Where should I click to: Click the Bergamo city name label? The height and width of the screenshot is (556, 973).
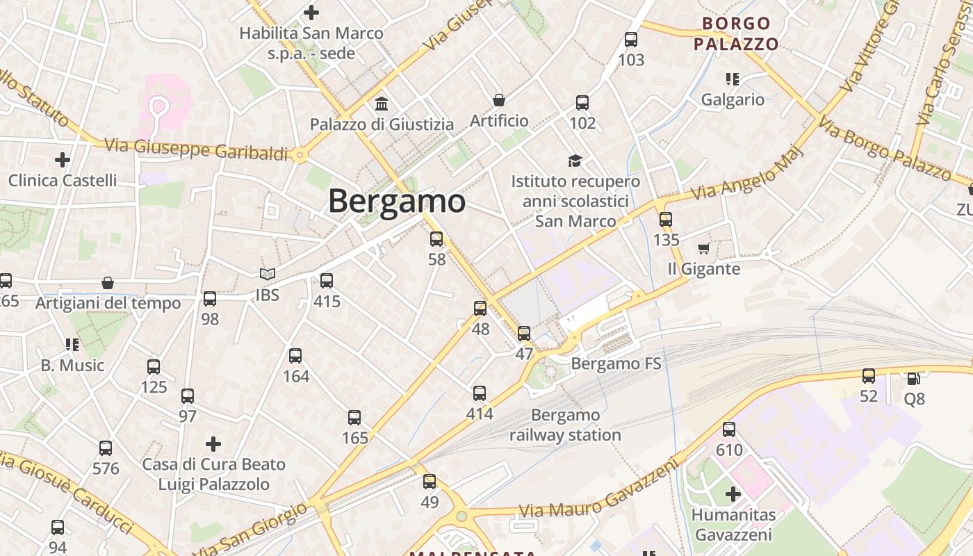pos(396,202)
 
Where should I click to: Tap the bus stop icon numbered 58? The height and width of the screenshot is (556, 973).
pos(436,239)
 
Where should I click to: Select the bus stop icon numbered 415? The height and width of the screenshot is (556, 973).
pos(327,281)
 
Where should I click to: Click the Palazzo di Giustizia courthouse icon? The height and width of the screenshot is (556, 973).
pos(382,104)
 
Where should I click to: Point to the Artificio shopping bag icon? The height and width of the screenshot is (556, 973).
pos(498,100)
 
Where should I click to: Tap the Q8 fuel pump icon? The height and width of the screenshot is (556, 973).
pos(914,378)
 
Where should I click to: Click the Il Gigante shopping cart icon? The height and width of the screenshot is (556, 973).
pos(703,248)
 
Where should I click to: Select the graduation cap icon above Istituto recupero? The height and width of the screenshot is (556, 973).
pos(575,161)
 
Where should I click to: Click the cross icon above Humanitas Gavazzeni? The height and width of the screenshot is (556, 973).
pos(733,494)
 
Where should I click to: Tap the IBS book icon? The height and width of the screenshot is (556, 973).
pos(268,275)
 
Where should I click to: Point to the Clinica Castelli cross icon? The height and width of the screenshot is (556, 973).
pos(63,160)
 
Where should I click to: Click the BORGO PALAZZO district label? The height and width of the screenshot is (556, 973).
pos(736,34)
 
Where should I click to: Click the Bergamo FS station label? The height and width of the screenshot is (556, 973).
pos(616,363)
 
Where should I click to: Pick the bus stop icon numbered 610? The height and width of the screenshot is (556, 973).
pos(729,430)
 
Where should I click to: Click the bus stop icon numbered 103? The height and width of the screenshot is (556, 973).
pos(631,40)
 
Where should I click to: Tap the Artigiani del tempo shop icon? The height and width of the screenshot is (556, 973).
pos(108,283)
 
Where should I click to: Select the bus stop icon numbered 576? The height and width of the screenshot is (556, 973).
pos(106,448)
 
